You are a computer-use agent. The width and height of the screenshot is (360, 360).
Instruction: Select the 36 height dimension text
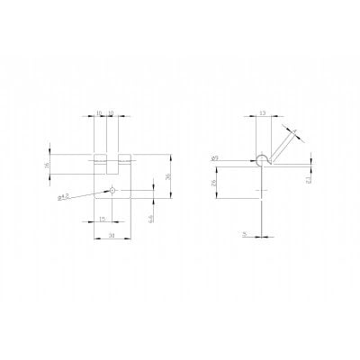click(x=168, y=177)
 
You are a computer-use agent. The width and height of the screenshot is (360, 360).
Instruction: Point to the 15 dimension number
click(x=103, y=219)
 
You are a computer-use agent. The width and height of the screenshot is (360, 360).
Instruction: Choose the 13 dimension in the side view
click(x=262, y=114)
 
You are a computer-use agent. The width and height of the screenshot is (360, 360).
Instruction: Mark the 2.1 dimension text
click(x=309, y=179)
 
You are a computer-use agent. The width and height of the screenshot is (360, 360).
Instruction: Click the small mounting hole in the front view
click(x=112, y=190)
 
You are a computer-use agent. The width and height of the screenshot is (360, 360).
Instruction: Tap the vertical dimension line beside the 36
click(x=173, y=176)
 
